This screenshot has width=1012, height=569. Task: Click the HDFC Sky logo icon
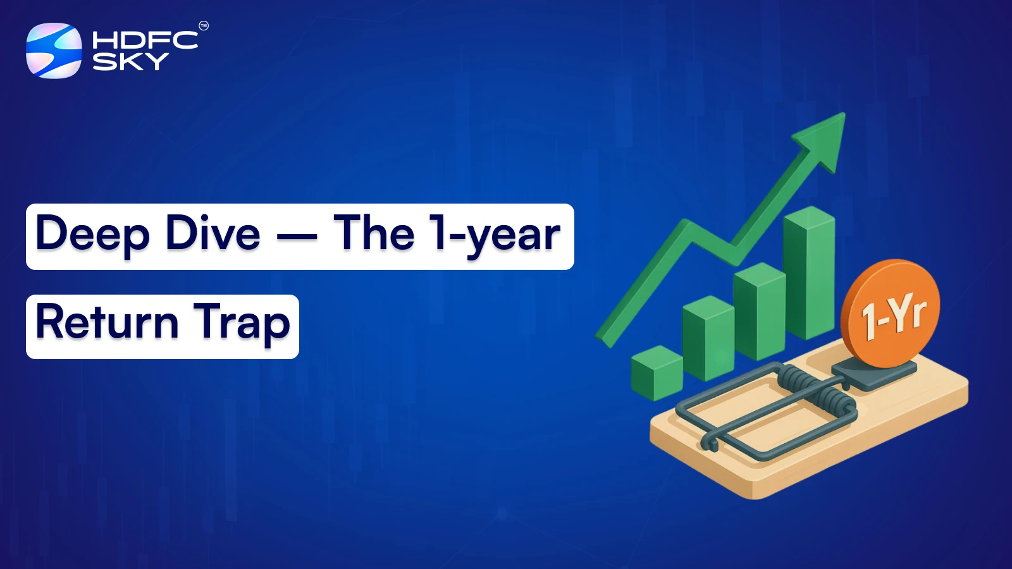click(54, 51)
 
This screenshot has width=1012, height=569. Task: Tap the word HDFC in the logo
click(145, 40)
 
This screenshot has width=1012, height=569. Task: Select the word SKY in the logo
click(130, 61)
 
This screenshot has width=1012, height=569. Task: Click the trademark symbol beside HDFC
click(204, 26)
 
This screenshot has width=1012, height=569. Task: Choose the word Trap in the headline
click(242, 324)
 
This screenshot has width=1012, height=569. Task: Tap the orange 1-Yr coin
click(891, 313)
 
